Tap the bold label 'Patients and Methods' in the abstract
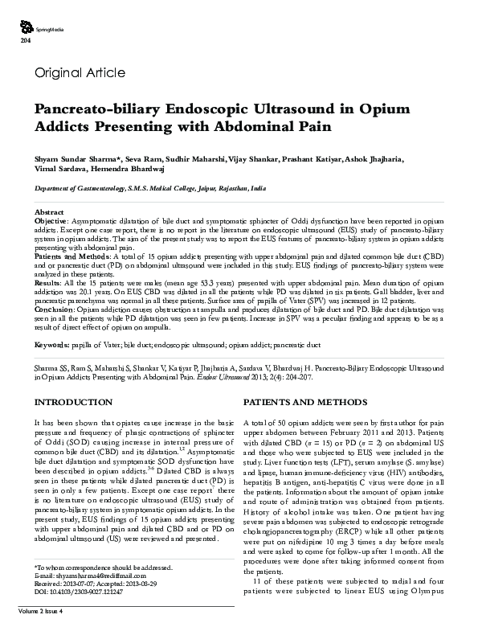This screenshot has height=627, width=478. click(x=69, y=255)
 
